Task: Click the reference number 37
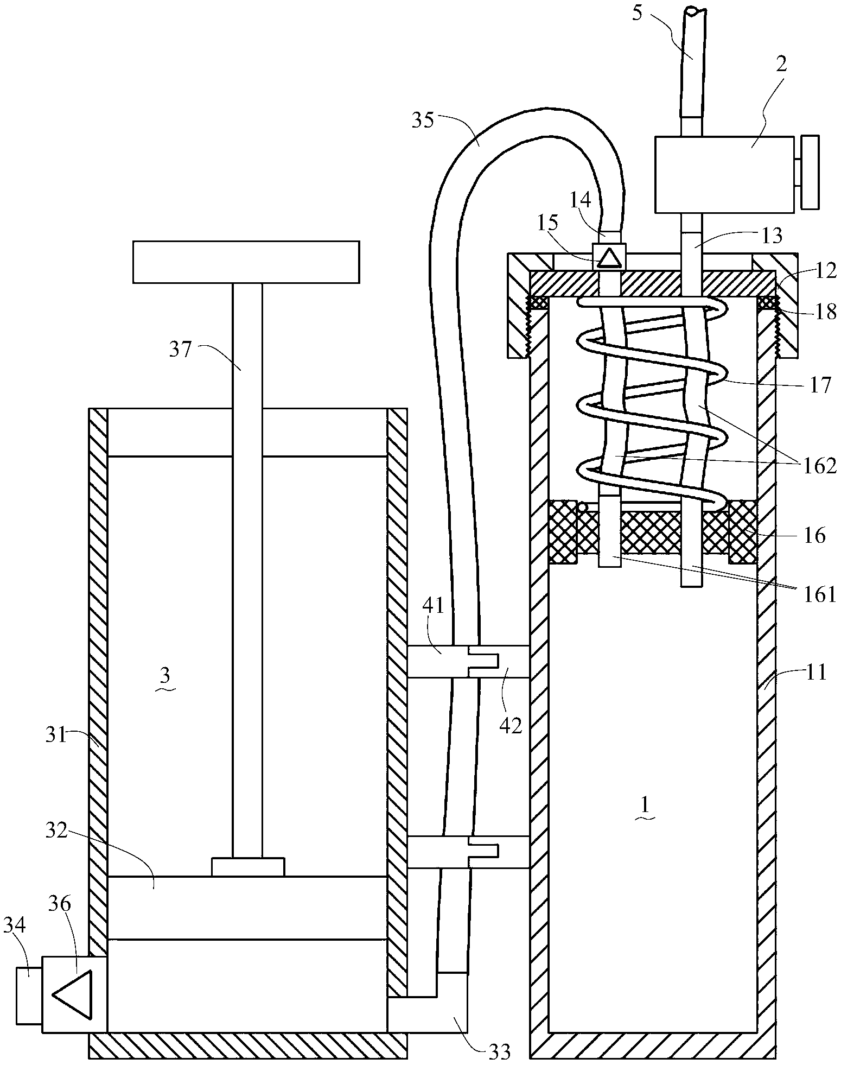[x=181, y=350]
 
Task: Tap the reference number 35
[x=423, y=120]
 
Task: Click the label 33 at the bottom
[x=499, y=1051]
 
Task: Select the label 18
[x=824, y=313]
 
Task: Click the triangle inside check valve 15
[x=608, y=257]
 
